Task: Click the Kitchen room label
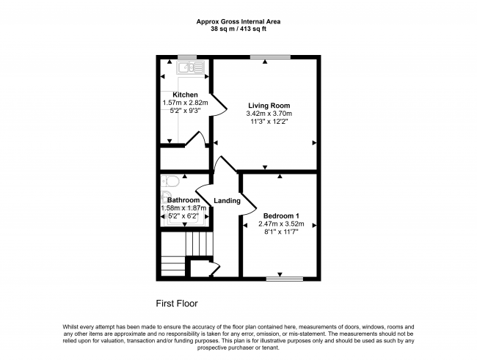[x=185, y=95]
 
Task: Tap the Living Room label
[x=269, y=106]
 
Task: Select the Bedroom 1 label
[x=281, y=216]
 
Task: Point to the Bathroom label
[x=183, y=200]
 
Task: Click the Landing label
[x=227, y=201]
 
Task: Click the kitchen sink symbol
[x=191, y=67]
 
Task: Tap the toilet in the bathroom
[x=170, y=182]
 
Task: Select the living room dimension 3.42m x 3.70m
[x=269, y=114]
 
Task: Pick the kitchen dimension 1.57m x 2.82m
[x=185, y=103]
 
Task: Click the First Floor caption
[x=177, y=304]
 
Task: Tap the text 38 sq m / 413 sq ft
[x=238, y=29]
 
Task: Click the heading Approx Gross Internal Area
[x=238, y=21]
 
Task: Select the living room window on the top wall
[x=270, y=57]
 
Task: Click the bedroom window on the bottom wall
[x=285, y=279]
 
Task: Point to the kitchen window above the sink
[x=187, y=57]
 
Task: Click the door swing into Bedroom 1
[x=249, y=204]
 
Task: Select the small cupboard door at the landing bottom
[x=215, y=269]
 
